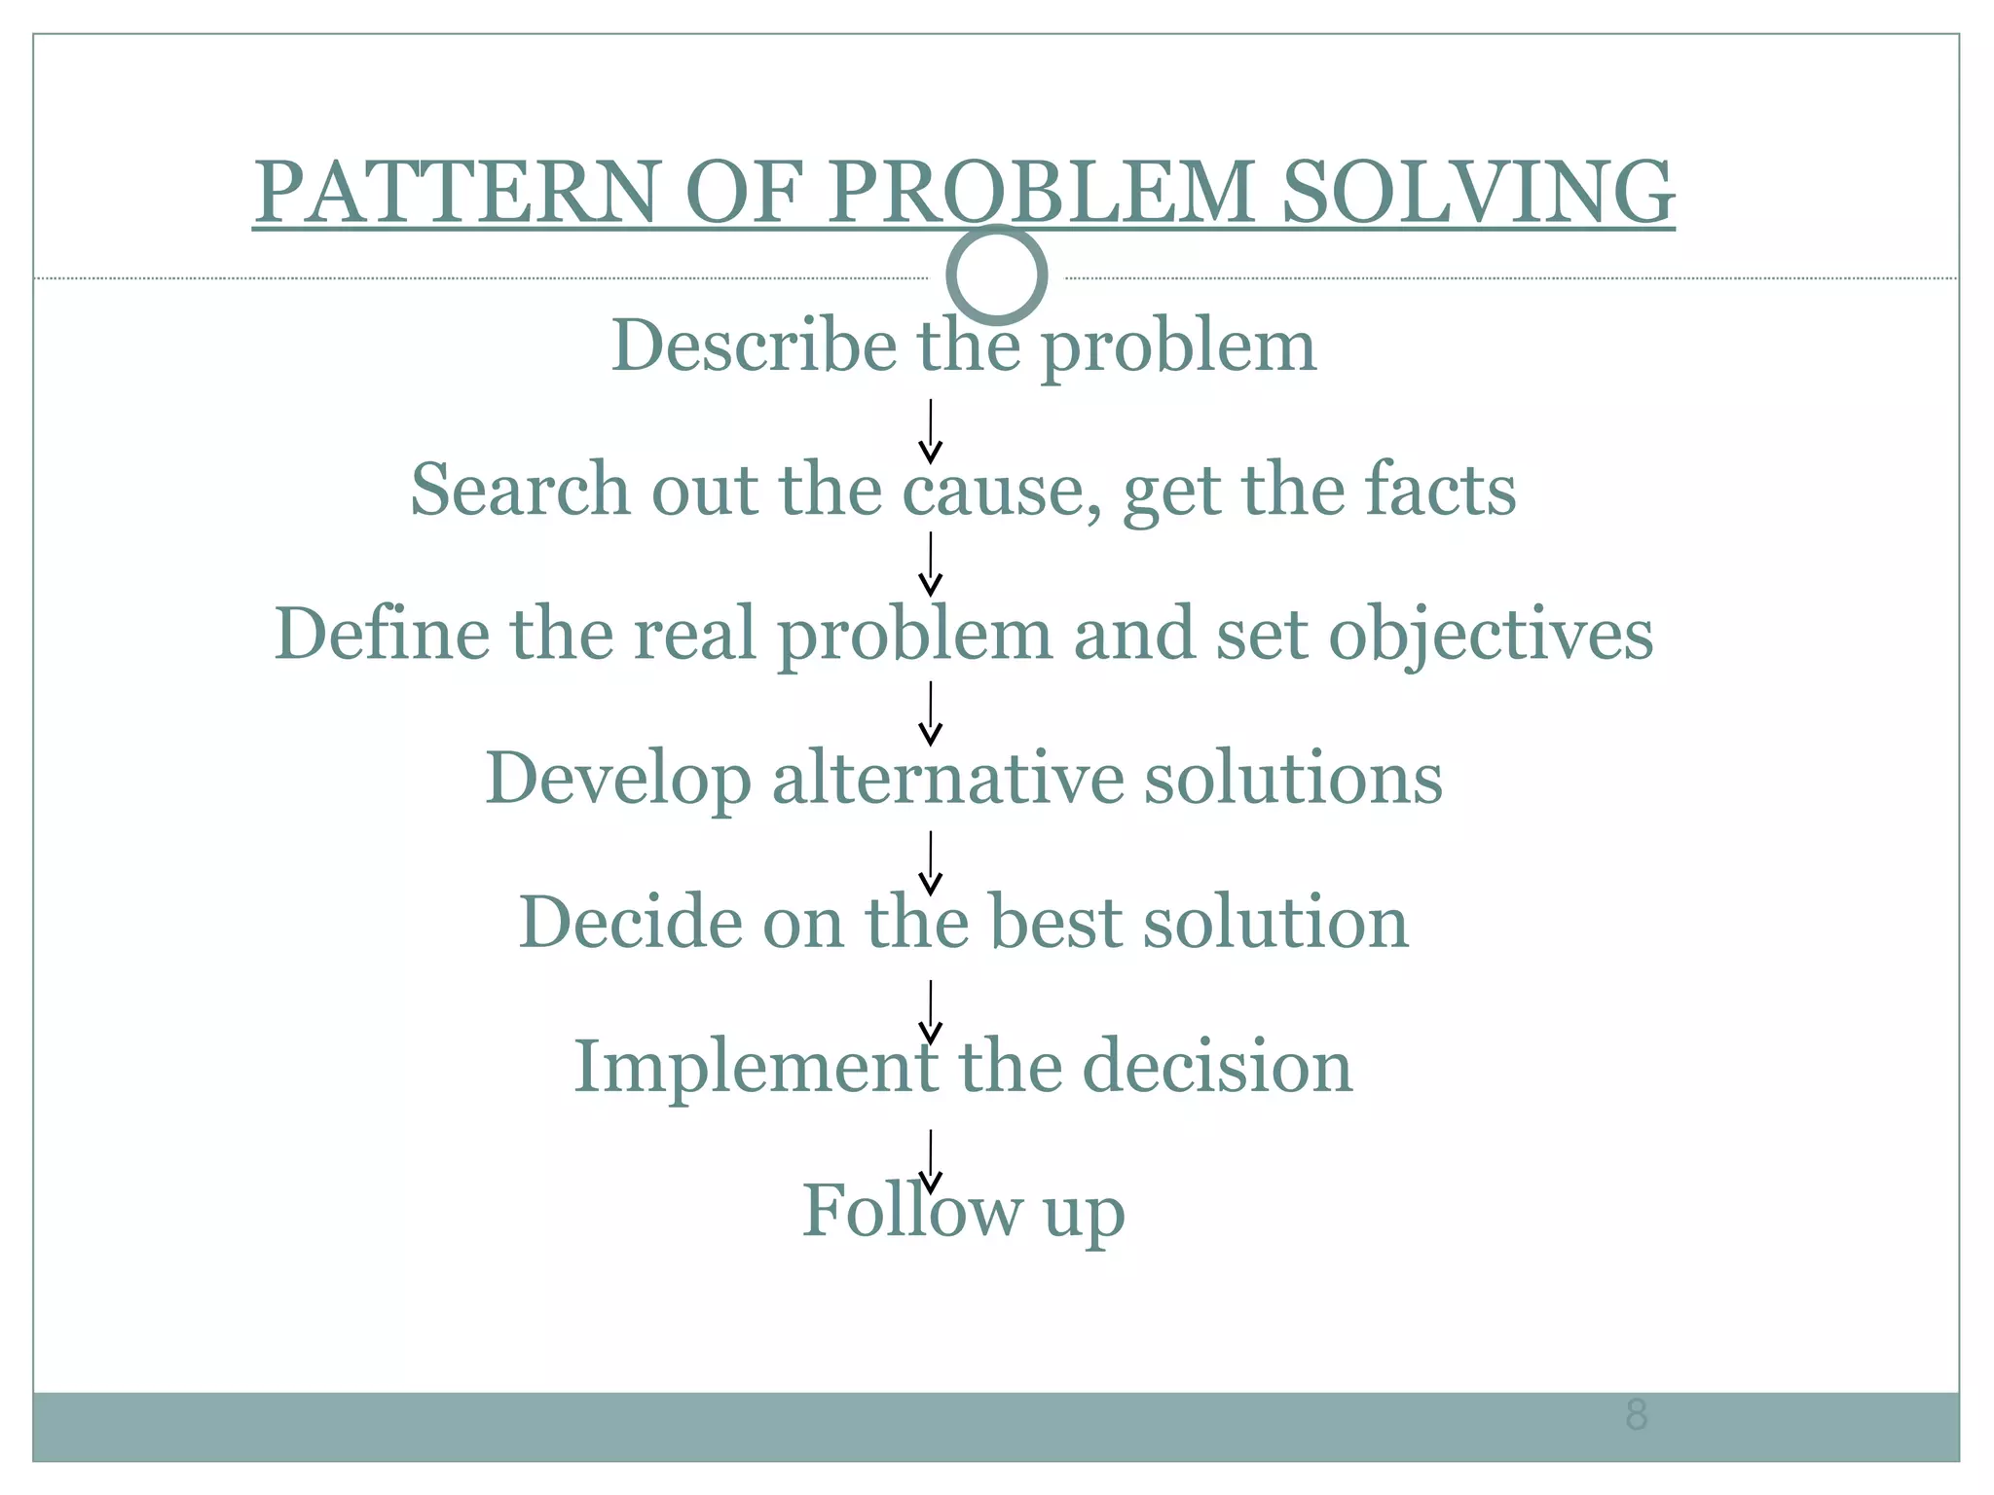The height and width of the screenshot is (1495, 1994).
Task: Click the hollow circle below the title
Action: pos(996,275)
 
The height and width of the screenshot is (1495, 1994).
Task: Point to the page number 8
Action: pos(1637,1414)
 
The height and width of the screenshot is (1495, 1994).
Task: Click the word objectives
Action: pos(1491,635)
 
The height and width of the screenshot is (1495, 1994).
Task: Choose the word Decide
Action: pos(629,922)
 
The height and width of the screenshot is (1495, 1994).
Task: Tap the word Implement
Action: pos(756,1067)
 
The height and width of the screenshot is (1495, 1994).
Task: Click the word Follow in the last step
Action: pos(911,1211)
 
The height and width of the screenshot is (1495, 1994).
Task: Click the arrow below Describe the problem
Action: pos(931,431)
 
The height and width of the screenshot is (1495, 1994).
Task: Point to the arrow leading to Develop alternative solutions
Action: pos(931,713)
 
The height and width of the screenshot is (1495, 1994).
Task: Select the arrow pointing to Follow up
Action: pos(931,1161)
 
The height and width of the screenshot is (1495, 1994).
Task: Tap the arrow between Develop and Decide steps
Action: pos(931,862)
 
